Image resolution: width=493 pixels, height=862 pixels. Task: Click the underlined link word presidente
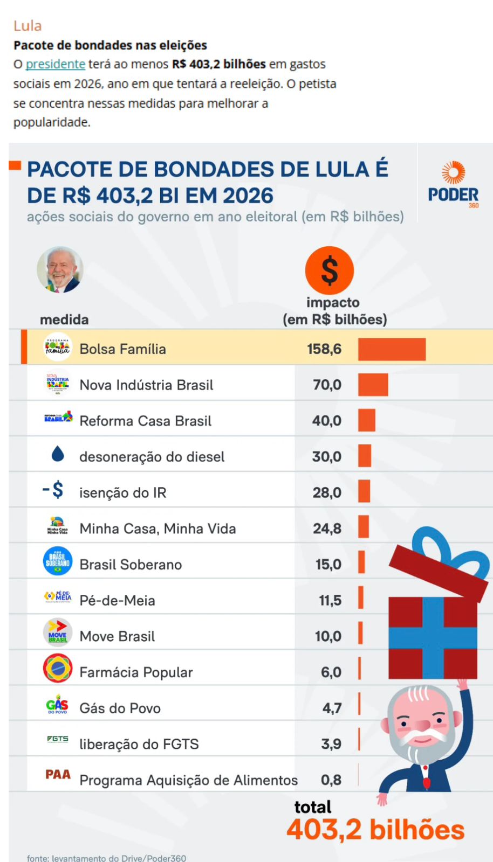(55, 64)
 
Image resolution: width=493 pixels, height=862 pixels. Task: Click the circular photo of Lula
(60, 270)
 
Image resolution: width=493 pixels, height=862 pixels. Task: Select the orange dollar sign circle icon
(329, 270)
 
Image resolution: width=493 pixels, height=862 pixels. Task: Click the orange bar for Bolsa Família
(392, 349)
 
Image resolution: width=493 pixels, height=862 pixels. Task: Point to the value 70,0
(327, 385)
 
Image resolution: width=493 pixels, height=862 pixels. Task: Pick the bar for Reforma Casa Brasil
(367, 420)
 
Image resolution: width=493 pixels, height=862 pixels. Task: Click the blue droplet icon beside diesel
(58, 454)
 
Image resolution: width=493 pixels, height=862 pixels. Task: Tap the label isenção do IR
(122, 492)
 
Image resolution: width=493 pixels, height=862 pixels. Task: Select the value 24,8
(327, 529)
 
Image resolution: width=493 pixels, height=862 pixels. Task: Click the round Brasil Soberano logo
(58, 560)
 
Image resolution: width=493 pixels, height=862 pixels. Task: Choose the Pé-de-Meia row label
(117, 600)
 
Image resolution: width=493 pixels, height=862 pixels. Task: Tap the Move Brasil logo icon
(58, 632)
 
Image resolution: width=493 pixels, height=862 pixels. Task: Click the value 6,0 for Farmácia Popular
(331, 672)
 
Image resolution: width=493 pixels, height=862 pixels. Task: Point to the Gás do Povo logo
(57, 705)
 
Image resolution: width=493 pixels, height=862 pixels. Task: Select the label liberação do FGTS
(139, 744)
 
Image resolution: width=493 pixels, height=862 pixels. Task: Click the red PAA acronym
(58, 775)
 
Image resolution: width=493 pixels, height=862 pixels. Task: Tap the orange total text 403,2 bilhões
(375, 830)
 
